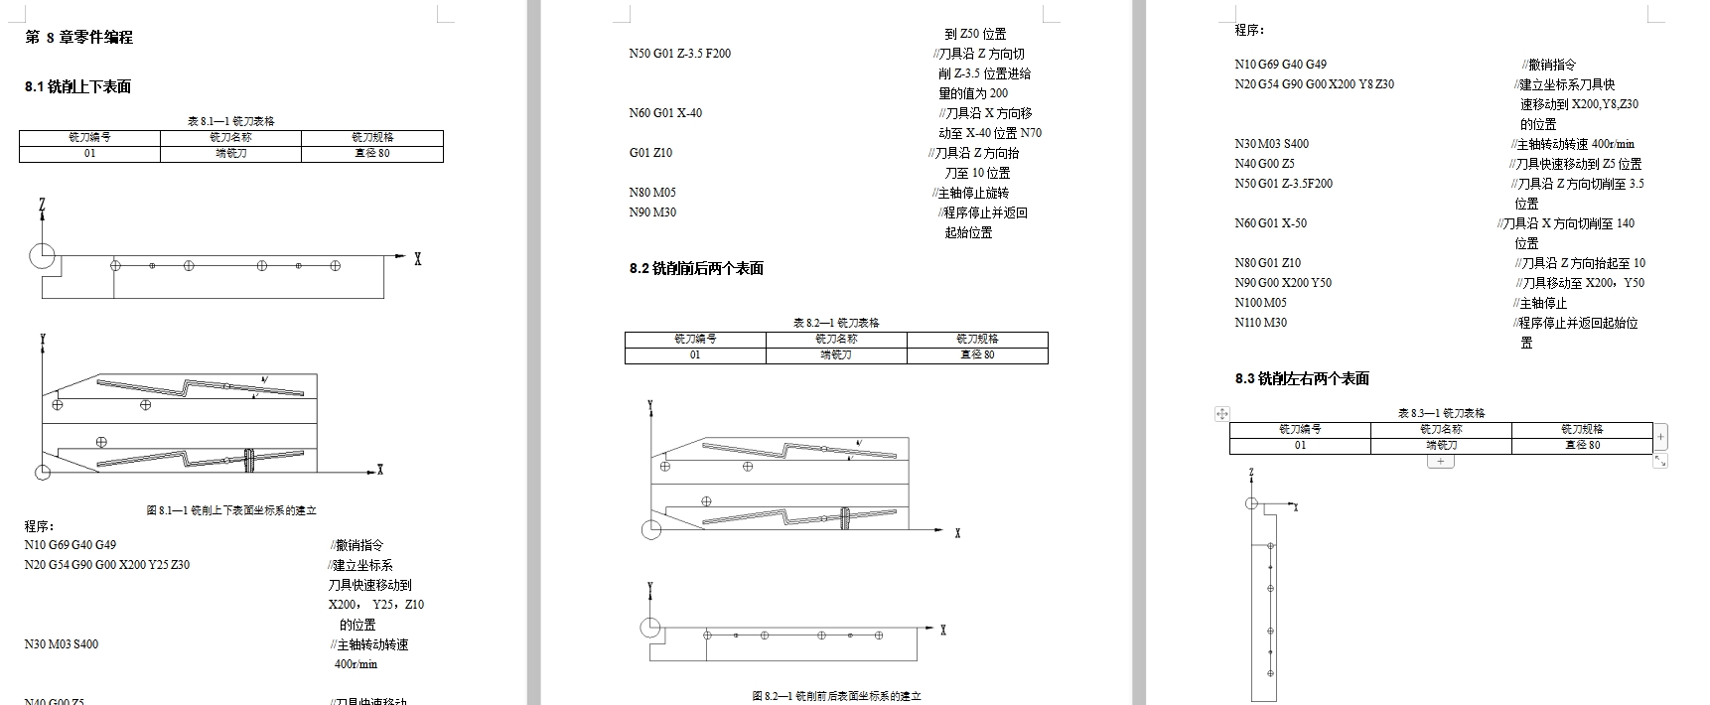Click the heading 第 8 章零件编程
click(x=78, y=37)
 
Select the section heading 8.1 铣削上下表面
click(x=77, y=86)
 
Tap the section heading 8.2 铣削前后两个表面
click(x=696, y=268)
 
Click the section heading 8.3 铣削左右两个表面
click(x=1302, y=378)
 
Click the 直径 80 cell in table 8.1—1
click(x=371, y=154)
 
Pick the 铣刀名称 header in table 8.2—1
click(x=836, y=339)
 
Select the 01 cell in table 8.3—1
click(x=1300, y=446)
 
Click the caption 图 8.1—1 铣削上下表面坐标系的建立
click(x=231, y=510)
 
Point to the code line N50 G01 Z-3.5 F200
click(x=679, y=54)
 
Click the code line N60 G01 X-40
click(x=665, y=113)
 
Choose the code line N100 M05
click(x=1260, y=303)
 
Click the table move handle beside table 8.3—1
click(x=1222, y=413)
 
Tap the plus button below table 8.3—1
click(x=1440, y=462)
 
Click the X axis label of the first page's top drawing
click(x=418, y=259)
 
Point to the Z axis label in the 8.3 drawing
click(x=1251, y=474)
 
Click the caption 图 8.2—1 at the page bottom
click(x=836, y=696)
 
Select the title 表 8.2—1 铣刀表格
click(x=836, y=323)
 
